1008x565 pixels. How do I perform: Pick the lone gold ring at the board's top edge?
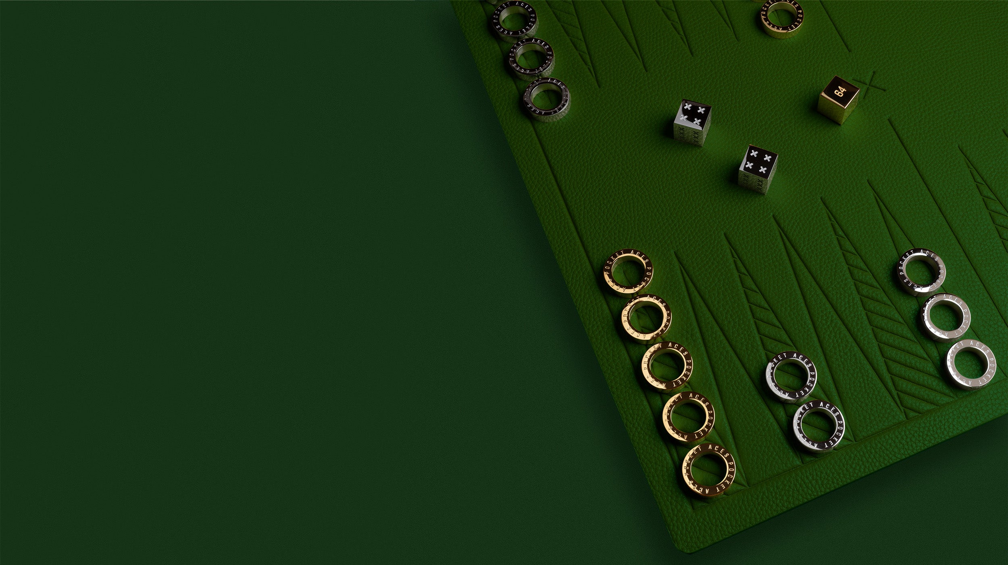782,18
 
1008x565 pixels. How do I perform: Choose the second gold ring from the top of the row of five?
646,318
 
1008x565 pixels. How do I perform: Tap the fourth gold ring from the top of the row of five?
689,416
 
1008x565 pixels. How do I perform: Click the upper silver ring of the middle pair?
791,377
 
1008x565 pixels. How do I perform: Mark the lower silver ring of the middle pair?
818,426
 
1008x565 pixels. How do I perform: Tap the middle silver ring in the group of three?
946,317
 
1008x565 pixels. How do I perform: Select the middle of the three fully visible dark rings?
531,59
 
